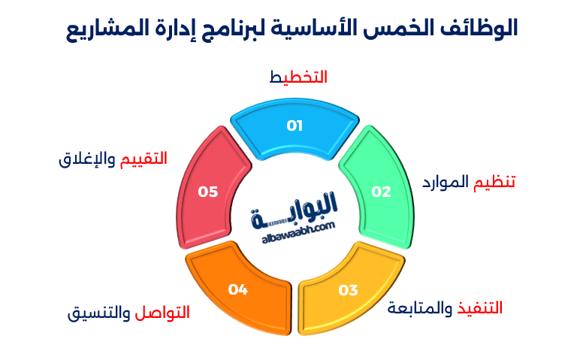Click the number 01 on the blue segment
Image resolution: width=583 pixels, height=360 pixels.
(294, 126)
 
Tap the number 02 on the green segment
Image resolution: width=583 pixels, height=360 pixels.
(382, 192)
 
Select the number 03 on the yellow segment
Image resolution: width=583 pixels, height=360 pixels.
(348, 290)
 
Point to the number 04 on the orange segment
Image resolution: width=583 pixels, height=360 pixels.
(238, 289)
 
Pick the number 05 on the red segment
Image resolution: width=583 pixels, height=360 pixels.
(207, 192)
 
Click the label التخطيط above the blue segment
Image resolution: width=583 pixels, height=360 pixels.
(298, 77)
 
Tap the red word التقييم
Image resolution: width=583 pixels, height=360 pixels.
(143, 159)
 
